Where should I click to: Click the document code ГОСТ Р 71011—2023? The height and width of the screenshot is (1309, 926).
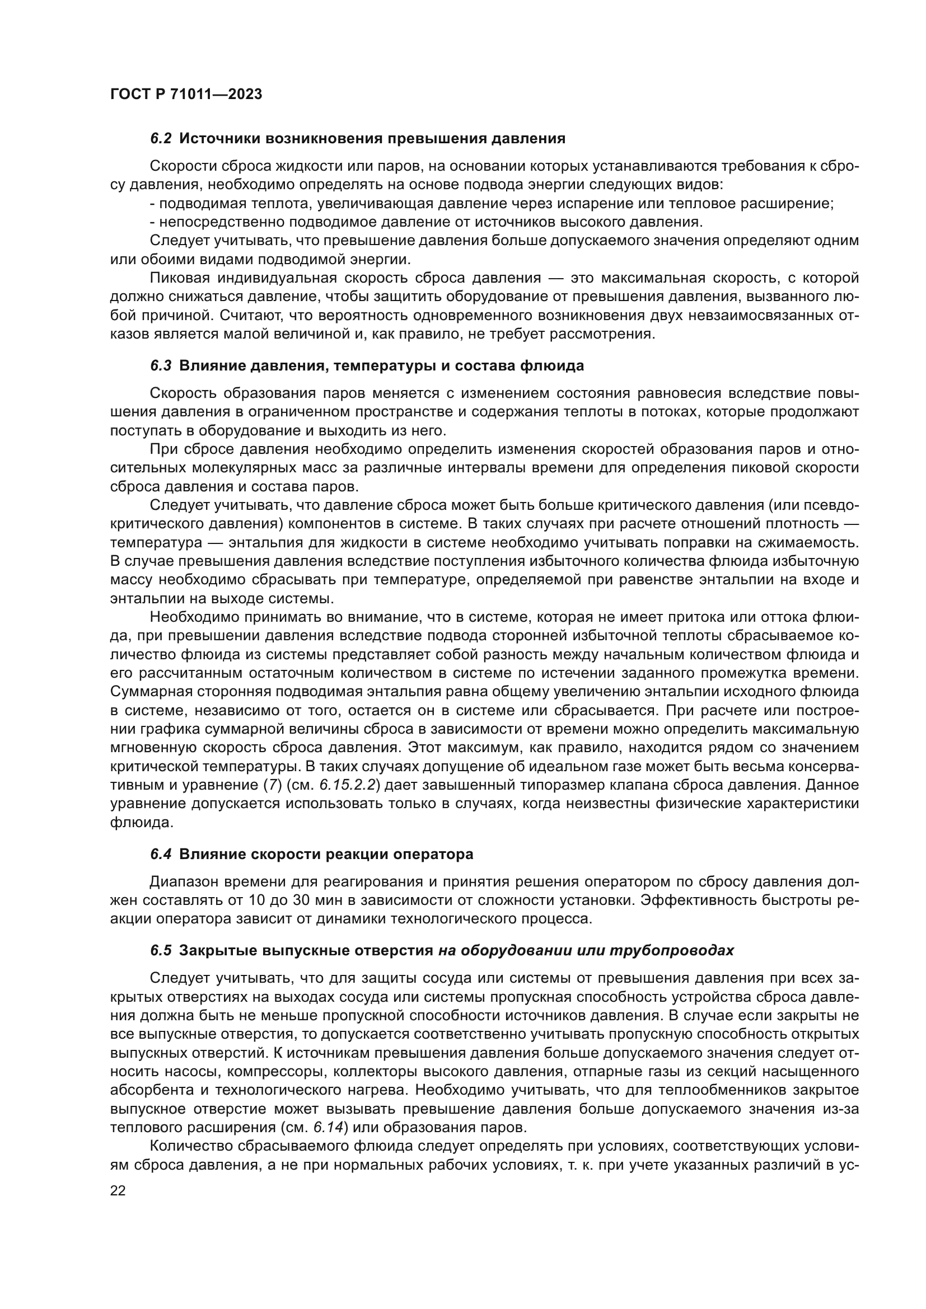tap(186, 95)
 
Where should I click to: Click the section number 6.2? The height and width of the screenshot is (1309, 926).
tap(161, 139)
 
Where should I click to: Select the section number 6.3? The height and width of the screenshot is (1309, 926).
tap(161, 366)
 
